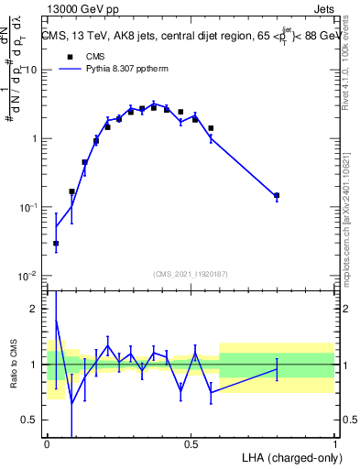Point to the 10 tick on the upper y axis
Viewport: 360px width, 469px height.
pyautogui.click(x=33, y=71)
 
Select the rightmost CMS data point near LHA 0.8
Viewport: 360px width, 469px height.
pyautogui.click(x=277, y=195)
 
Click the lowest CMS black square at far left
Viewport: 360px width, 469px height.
pyautogui.click(x=56, y=244)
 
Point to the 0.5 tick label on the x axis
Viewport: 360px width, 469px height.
pyautogui.click(x=191, y=442)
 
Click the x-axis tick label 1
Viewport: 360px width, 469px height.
pyautogui.click(x=334, y=442)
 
